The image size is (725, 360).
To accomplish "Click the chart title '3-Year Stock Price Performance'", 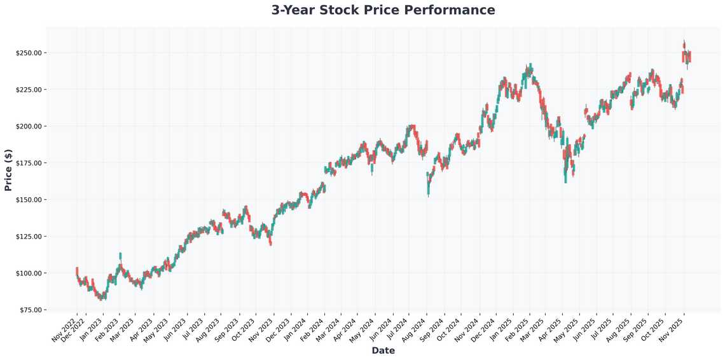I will coord(383,10).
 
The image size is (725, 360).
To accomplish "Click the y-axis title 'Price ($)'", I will coord(8,170).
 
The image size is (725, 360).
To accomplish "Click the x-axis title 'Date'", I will coord(383,350).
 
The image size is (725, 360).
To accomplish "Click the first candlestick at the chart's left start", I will coord(77,272).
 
